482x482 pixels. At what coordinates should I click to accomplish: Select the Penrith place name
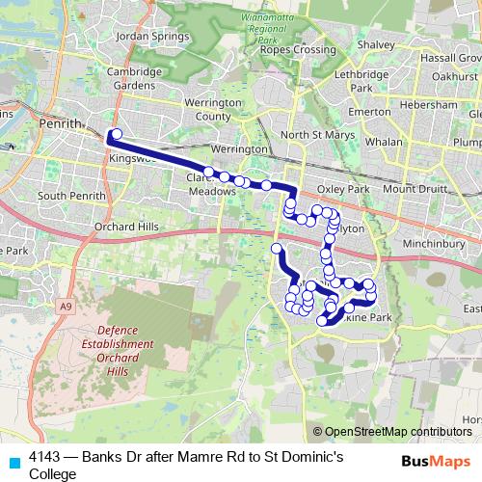tap(61, 124)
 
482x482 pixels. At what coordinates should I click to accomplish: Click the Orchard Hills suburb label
tap(135, 228)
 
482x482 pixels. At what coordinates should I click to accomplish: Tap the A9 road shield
tap(65, 306)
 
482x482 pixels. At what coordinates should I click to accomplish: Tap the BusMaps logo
tap(436, 461)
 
